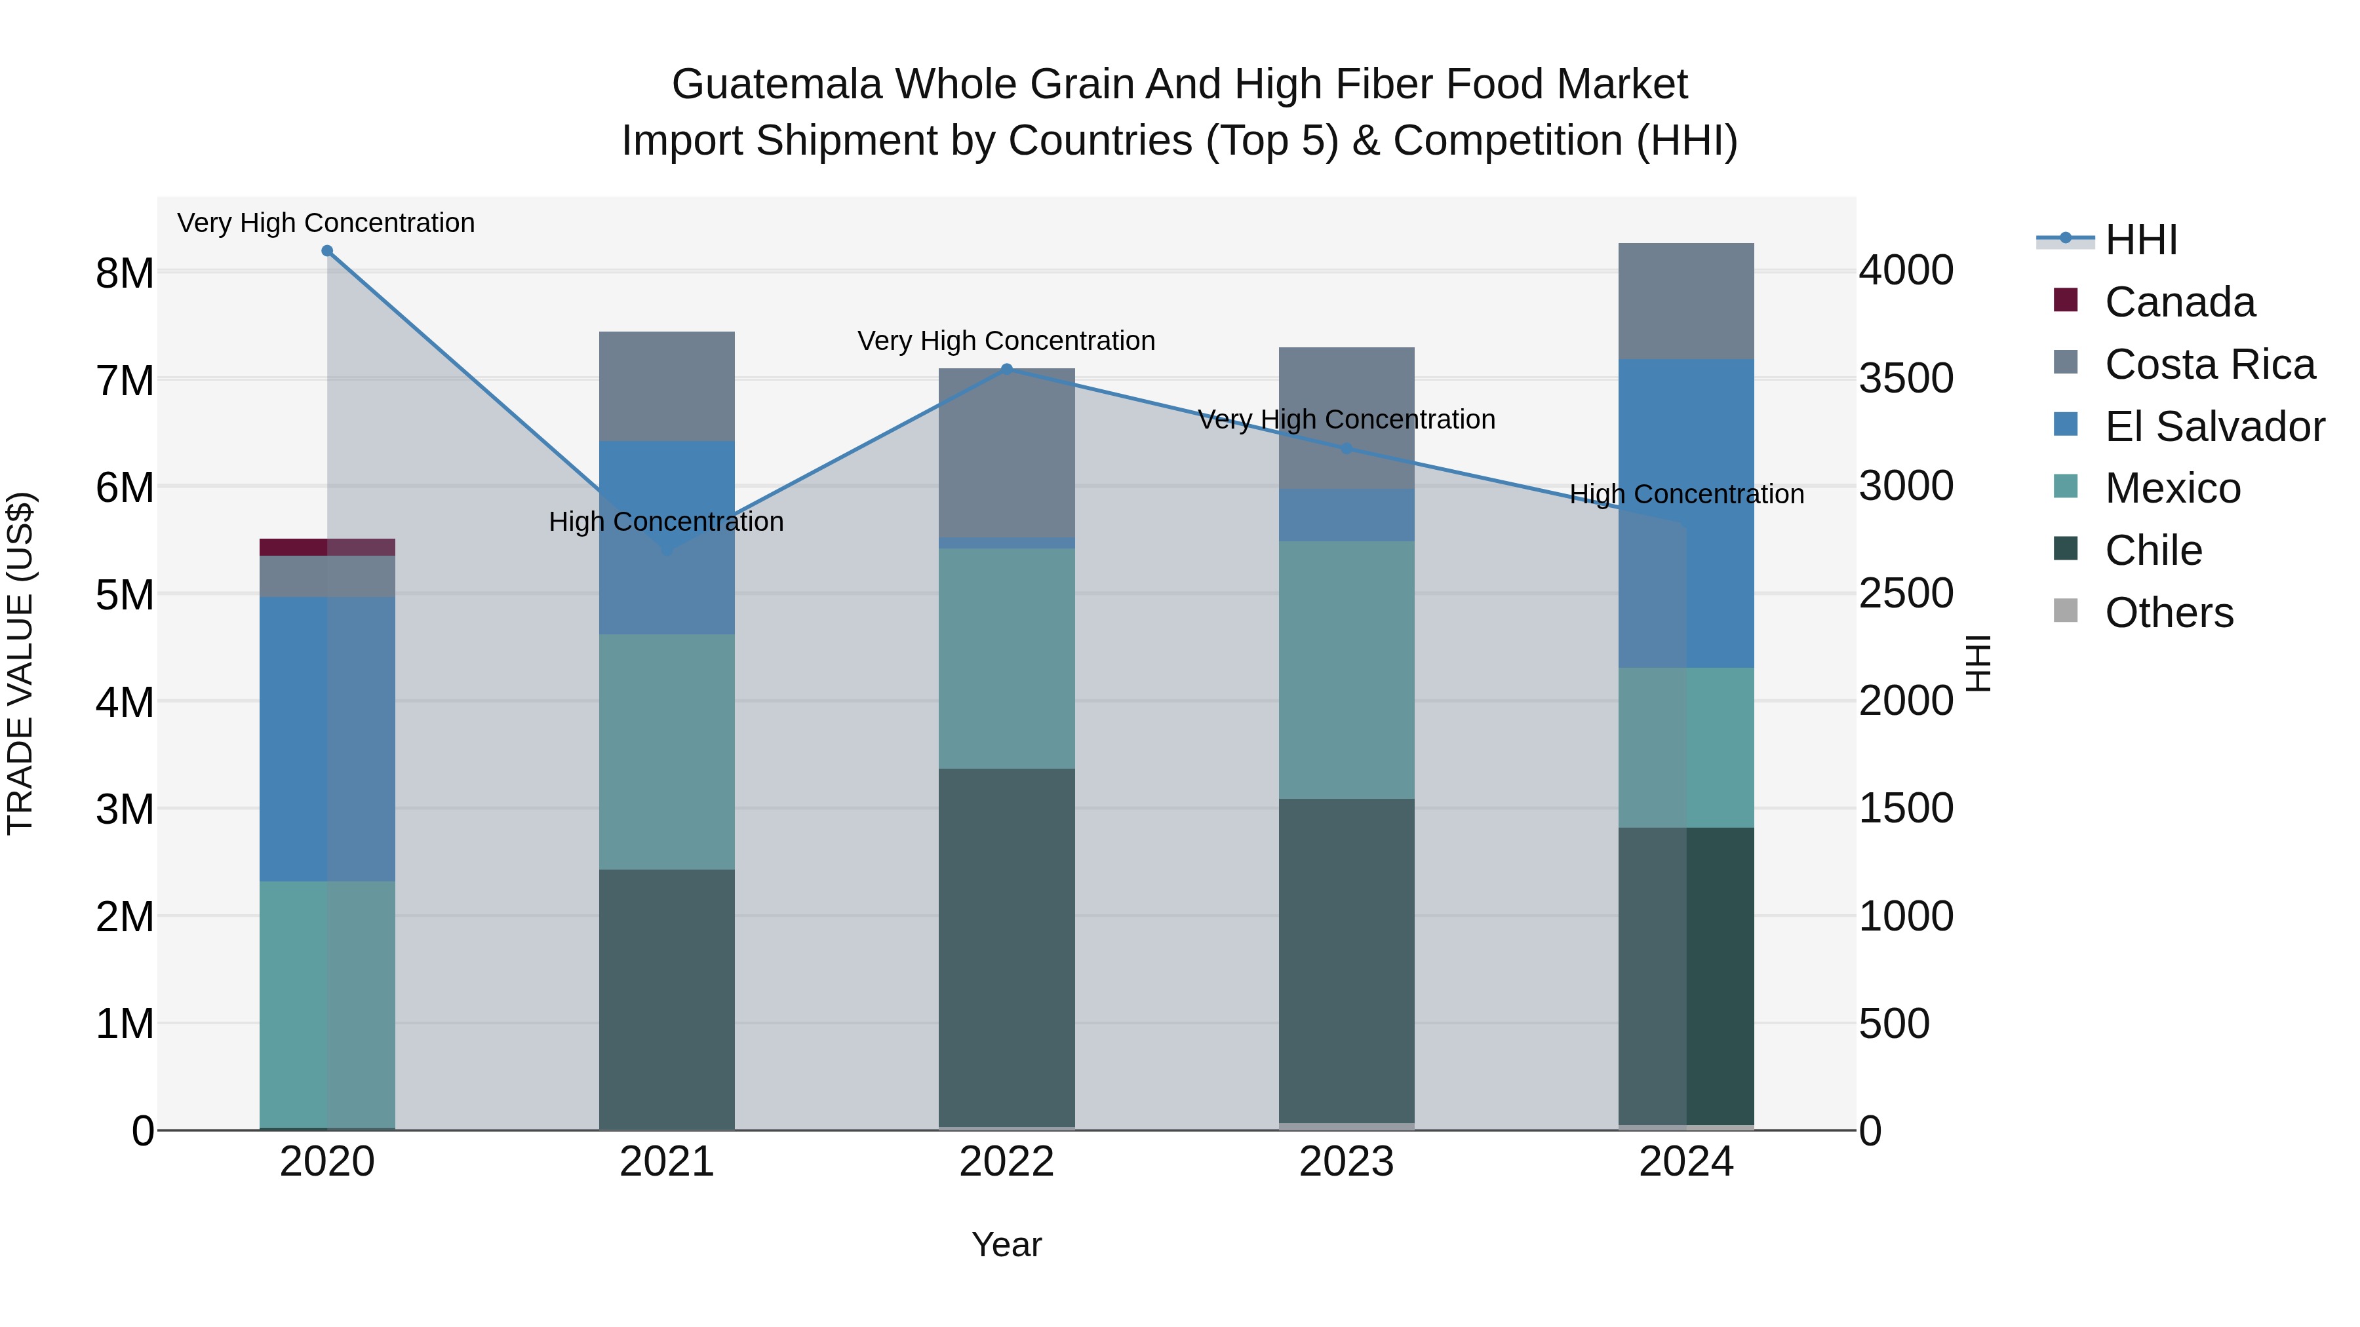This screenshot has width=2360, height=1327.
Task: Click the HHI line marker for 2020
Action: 327,251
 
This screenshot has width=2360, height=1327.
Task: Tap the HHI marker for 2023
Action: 1346,449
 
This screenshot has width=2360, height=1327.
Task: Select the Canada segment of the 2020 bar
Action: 327,547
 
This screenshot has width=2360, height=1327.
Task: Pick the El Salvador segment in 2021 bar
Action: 666,537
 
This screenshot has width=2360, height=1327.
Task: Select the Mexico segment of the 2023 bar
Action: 1346,670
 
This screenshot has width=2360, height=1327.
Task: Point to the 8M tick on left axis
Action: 125,273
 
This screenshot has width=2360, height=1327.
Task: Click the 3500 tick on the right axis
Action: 1906,378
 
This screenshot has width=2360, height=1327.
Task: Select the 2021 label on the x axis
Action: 666,1162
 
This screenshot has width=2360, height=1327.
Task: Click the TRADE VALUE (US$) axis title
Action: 20,663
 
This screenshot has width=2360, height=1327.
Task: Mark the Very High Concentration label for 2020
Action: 326,223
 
